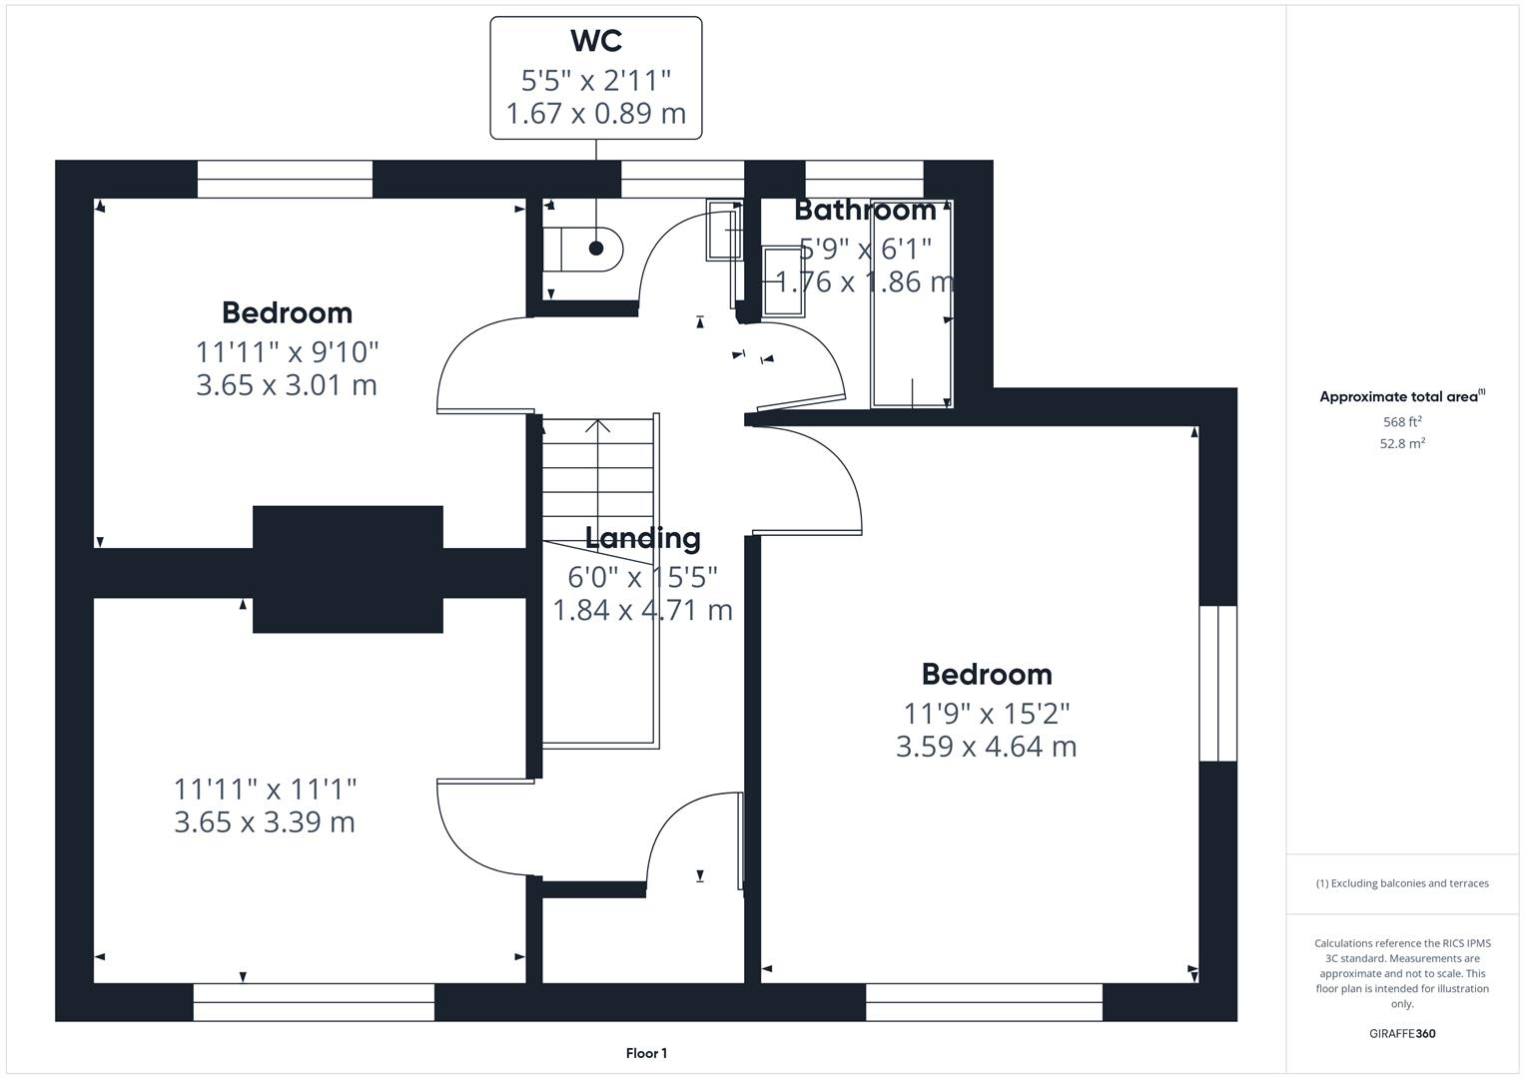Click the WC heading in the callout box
[596, 41]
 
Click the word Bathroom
[865, 210]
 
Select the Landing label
[642, 538]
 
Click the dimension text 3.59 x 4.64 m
[986, 747]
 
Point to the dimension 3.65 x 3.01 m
[287, 385]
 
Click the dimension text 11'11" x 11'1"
[265, 790]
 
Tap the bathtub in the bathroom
[912, 304]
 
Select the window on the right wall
[1217, 683]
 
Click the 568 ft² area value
[1402, 422]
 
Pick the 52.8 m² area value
[1402, 444]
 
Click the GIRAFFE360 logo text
[1402, 1033]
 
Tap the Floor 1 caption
[646, 1053]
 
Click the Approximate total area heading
[1401, 396]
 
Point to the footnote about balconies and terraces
[1402, 883]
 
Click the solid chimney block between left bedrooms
[348, 569]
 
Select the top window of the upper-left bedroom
[285, 180]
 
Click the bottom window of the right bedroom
[984, 1002]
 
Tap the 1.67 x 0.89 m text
[596, 114]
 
